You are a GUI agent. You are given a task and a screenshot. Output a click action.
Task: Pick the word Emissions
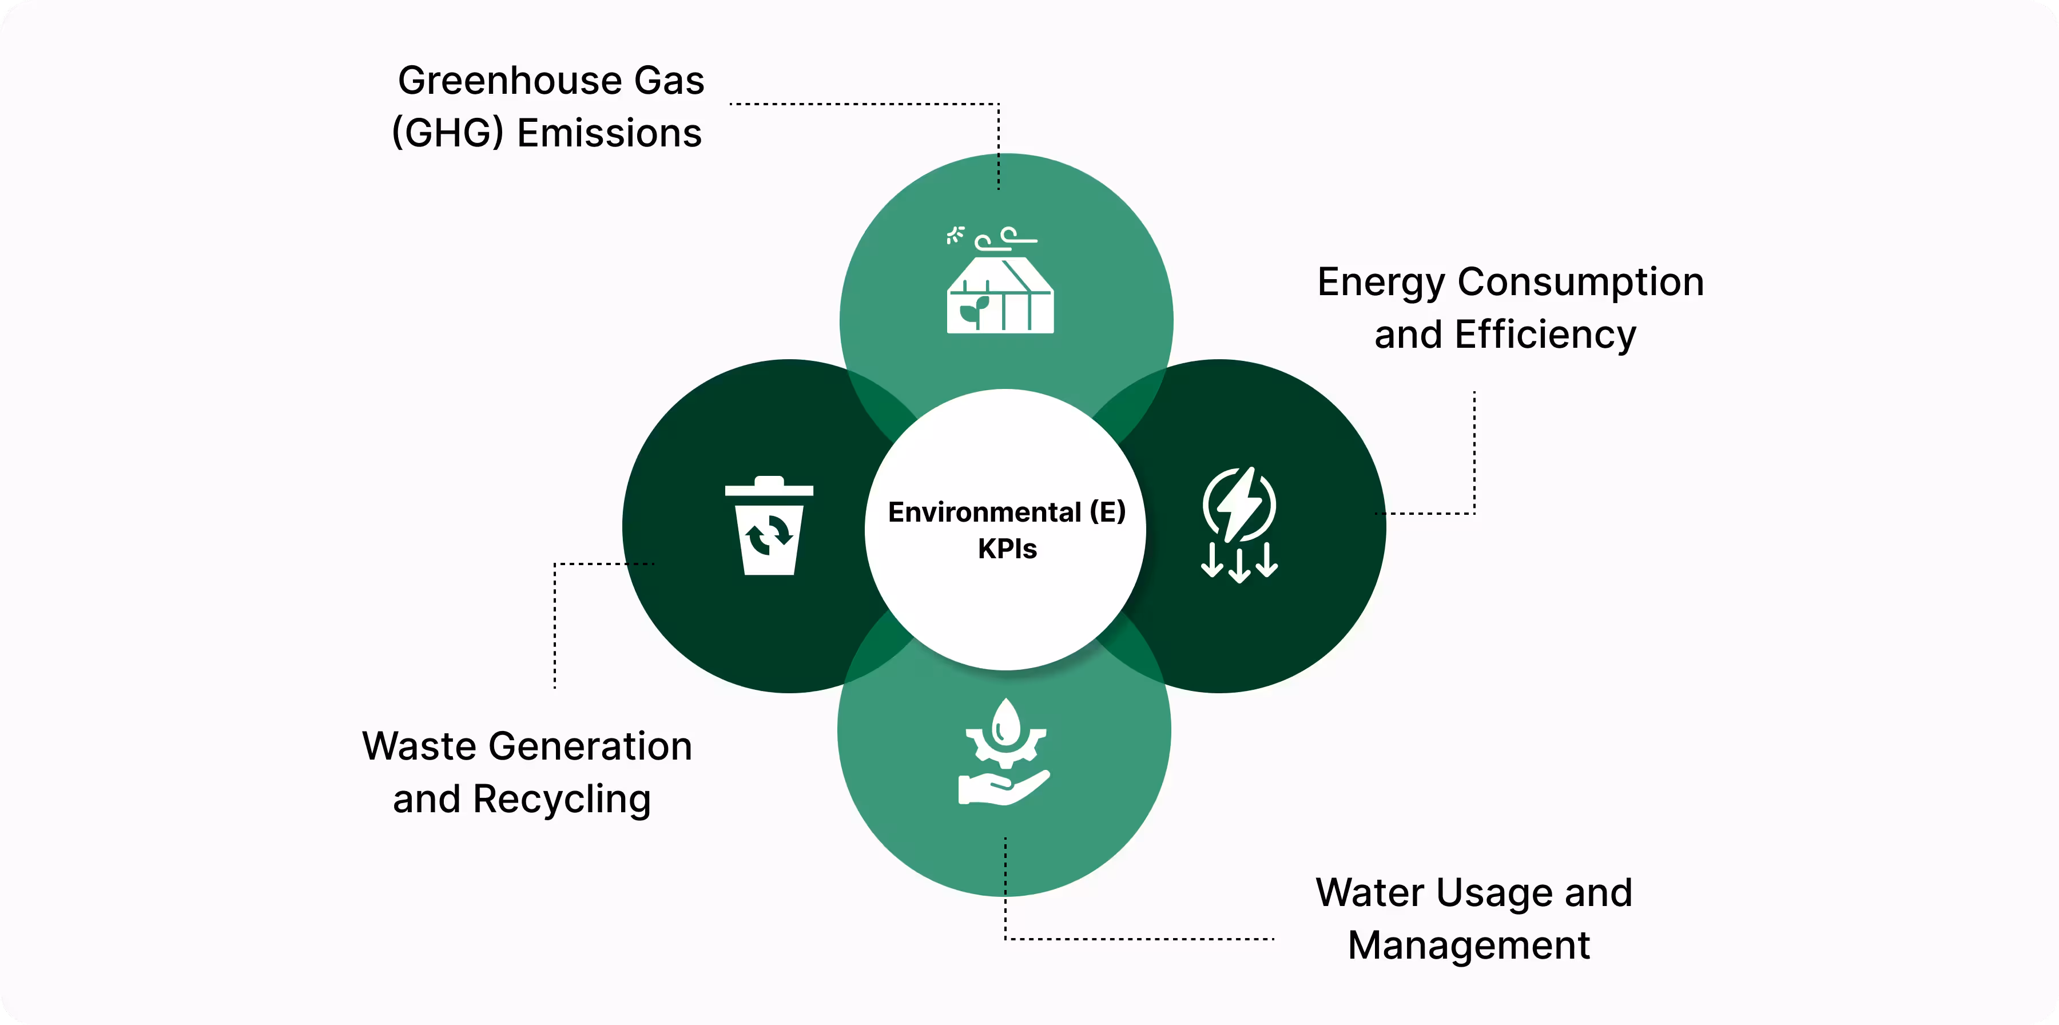[609, 133]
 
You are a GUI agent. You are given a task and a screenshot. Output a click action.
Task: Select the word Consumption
[1580, 282]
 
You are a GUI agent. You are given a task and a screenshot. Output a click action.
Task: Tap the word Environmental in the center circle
[984, 512]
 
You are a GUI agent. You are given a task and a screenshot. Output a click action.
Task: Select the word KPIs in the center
[1007, 549]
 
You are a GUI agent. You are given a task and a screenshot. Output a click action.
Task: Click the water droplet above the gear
[1005, 721]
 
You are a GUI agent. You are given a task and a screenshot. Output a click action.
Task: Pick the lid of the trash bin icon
[768, 487]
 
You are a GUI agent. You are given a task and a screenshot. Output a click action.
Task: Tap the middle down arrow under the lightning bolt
[1239, 565]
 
